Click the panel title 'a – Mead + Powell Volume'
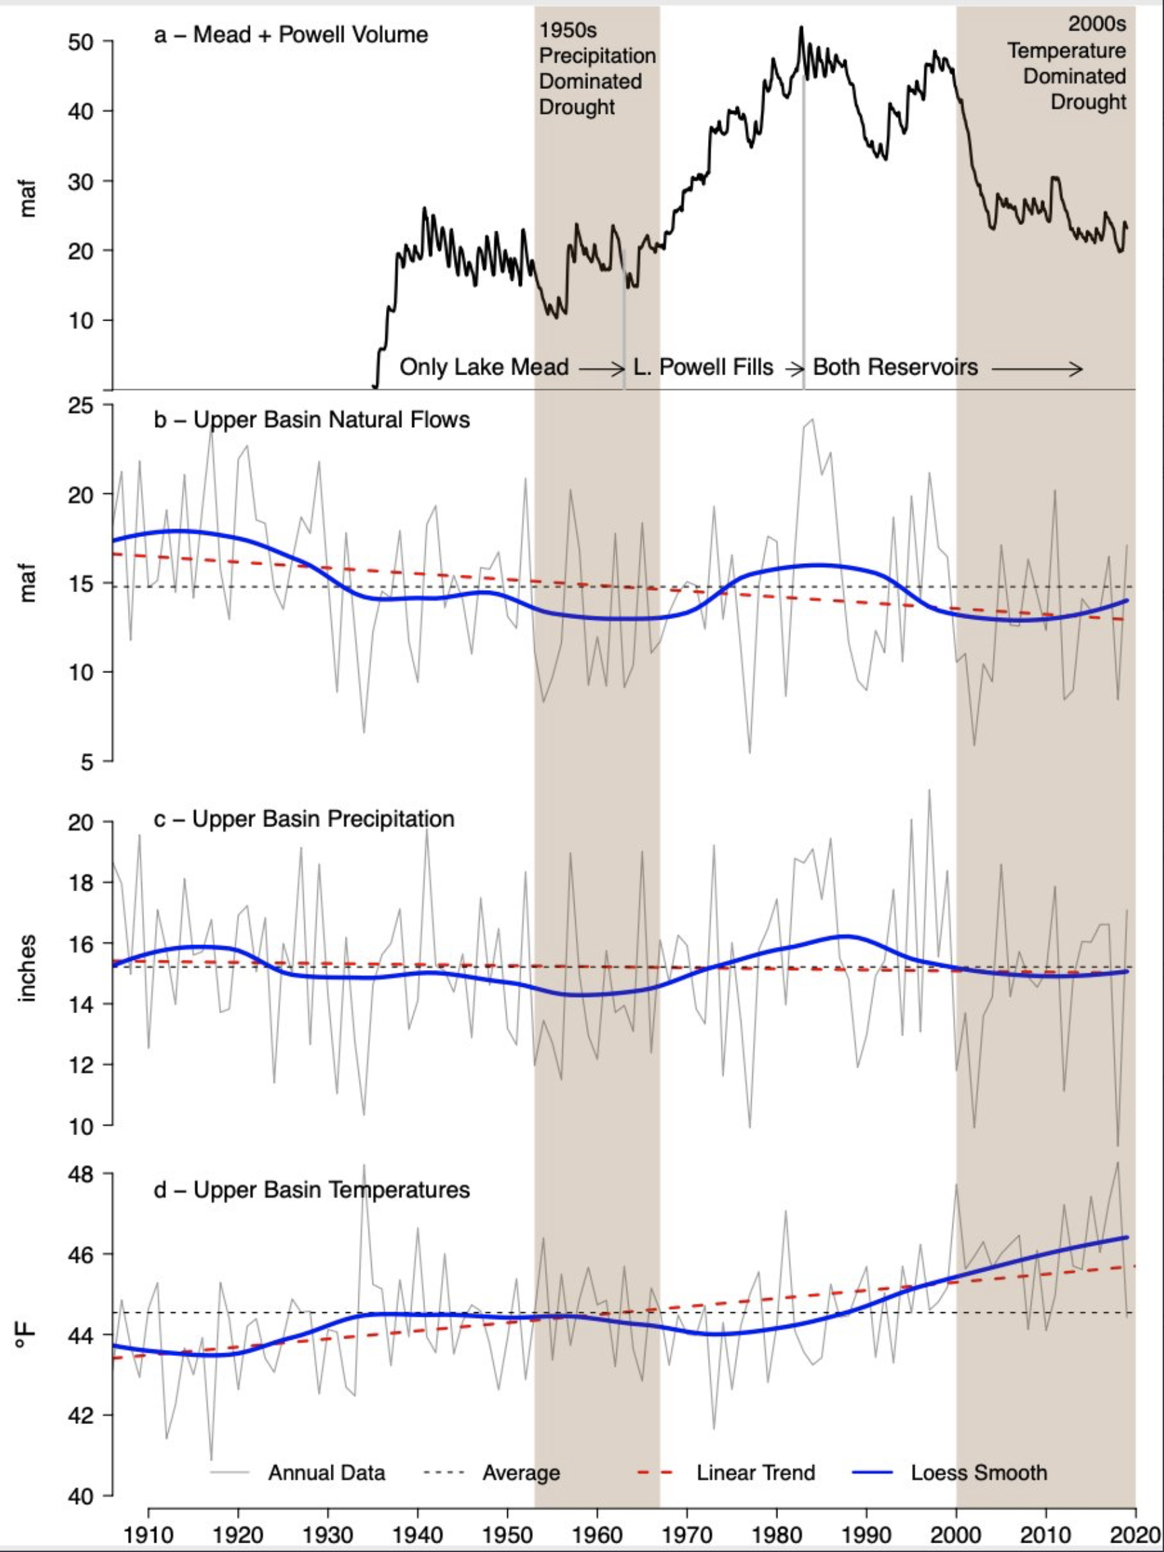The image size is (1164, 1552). [290, 35]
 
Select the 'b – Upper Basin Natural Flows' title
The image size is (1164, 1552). [311, 420]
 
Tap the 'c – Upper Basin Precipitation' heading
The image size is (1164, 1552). [304, 819]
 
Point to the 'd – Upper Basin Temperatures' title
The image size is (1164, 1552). [311, 1190]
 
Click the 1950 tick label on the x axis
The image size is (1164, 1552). [507, 1534]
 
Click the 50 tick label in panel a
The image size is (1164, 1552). [82, 41]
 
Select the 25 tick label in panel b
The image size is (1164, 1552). [82, 406]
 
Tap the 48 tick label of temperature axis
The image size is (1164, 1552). [82, 1174]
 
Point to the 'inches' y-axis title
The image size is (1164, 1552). [28, 968]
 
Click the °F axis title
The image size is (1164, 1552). [26, 1333]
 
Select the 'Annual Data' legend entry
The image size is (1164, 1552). [326, 1473]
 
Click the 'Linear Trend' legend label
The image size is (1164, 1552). [756, 1473]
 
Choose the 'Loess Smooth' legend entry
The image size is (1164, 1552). [979, 1473]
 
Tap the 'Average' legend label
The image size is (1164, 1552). [521, 1473]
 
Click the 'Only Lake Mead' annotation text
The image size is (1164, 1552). [484, 367]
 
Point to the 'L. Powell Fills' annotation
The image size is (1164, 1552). [703, 367]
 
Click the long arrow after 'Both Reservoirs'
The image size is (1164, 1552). [1036, 368]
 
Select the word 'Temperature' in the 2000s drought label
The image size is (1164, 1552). [1066, 51]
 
